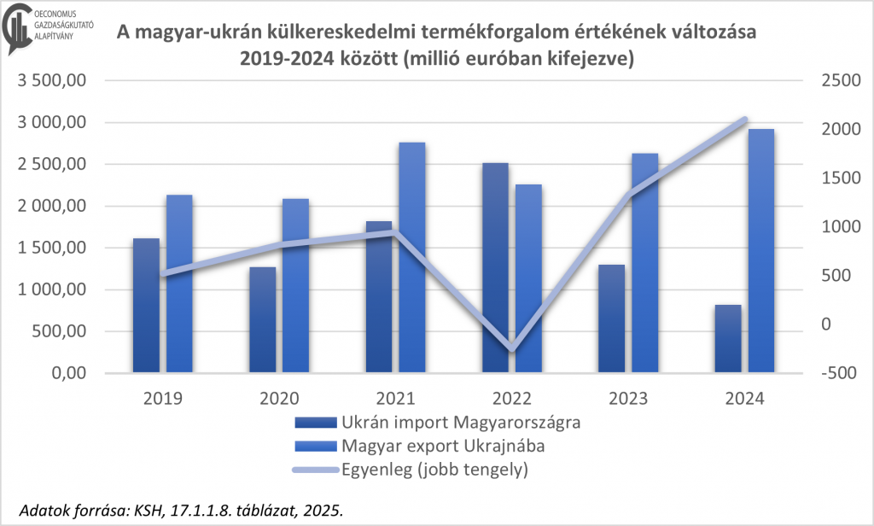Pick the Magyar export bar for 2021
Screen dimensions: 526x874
click(412, 257)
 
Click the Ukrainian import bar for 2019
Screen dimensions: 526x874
click(146, 305)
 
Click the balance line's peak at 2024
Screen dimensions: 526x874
click(744, 120)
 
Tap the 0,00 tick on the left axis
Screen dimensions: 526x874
click(71, 373)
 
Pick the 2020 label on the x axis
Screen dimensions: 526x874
click(279, 398)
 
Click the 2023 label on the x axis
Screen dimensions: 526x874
click(627, 398)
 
